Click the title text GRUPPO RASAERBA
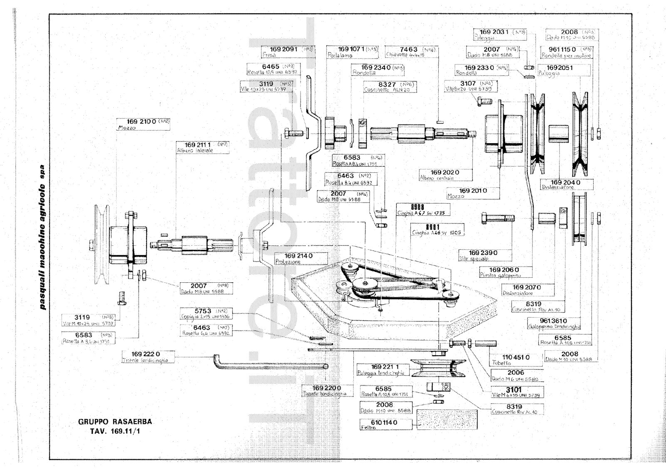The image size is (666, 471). [115, 421]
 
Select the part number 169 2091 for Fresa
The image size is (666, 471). [283, 49]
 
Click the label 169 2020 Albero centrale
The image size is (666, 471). [445, 172]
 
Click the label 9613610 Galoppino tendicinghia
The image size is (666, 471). [554, 321]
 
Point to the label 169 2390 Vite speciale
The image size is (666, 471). [483, 253]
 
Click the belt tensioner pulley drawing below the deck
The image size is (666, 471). [438, 369]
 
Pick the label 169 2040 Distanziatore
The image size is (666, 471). [565, 182]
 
